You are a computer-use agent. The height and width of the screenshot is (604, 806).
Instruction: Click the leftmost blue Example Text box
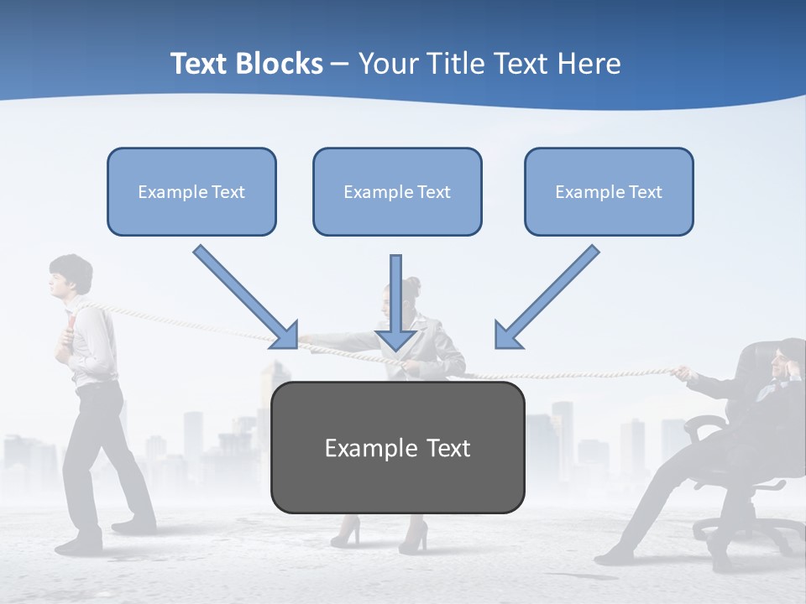coord(191,191)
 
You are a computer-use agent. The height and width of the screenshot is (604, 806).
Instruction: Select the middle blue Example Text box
coord(397,191)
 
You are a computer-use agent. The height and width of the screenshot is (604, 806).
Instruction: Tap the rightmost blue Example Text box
coord(609,191)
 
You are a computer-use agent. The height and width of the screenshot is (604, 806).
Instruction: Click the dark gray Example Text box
coord(397,447)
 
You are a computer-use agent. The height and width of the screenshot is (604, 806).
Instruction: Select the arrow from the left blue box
coord(246,297)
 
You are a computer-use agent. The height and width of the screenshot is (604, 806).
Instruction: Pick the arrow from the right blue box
coord(547,297)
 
